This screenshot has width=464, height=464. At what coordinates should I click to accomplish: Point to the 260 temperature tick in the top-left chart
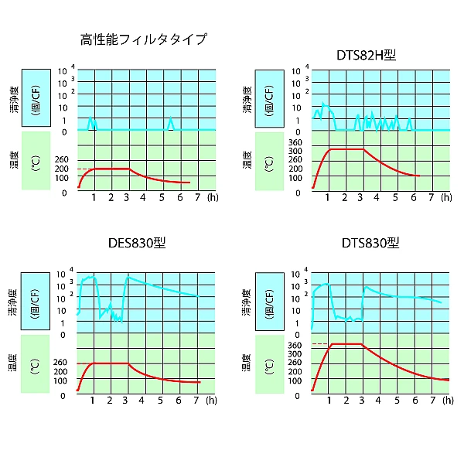[x=63, y=160]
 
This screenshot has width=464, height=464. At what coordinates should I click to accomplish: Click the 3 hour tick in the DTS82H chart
[x=361, y=197]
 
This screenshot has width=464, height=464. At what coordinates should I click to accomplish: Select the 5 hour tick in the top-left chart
[x=162, y=197]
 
